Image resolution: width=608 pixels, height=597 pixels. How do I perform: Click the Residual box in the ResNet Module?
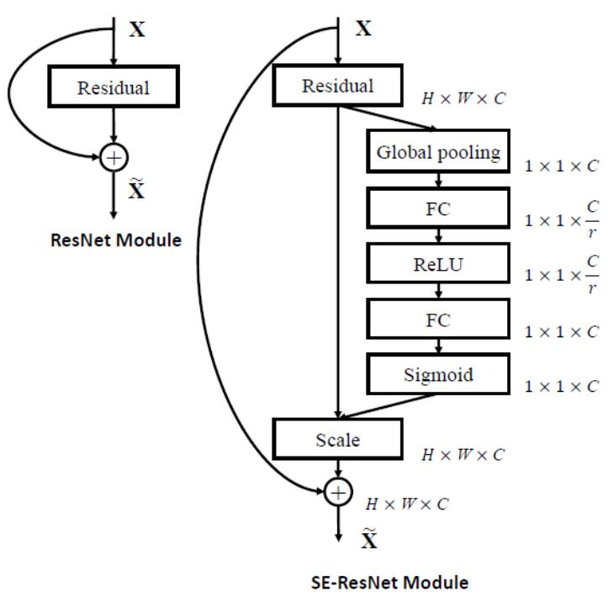pyautogui.click(x=113, y=88)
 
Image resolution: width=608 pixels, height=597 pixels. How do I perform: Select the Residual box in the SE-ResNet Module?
pyautogui.click(x=336, y=86)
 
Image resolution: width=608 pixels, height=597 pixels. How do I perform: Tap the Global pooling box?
pyautogui.click(x=438, y=152)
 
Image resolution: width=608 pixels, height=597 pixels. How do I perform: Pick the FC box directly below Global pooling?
pyautogui.click(x=438, y=209)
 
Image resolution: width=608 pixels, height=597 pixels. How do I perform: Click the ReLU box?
pyautogui.click(x=438, y=265)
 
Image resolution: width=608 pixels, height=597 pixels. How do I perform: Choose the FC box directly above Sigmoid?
pyautogui.click(x=438, y=320)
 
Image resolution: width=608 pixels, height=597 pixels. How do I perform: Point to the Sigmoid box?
pyautogui.click(x=438, y=373)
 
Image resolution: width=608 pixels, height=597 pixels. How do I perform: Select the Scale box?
pyautogui.click(x=336, y=438)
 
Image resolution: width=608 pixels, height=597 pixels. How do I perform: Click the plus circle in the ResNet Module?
pyautogui.click(x=114, y=157)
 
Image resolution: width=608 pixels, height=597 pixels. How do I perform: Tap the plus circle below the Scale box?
pyautogui.click(x=337, y=493)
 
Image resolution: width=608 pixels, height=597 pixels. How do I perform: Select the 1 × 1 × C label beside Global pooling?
pyautogui.click(x=562, y=166)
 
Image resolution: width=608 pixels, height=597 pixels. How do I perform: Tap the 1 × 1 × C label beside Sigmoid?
pyautogui.click(x=562, y=386)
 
